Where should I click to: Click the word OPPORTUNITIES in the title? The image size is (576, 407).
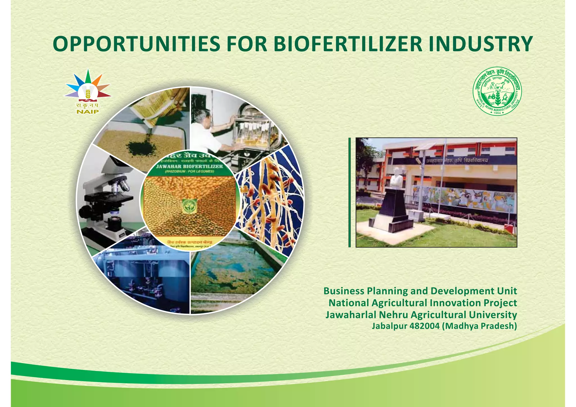(136, 44)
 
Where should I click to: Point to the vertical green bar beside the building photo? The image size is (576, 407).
(350, 192)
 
